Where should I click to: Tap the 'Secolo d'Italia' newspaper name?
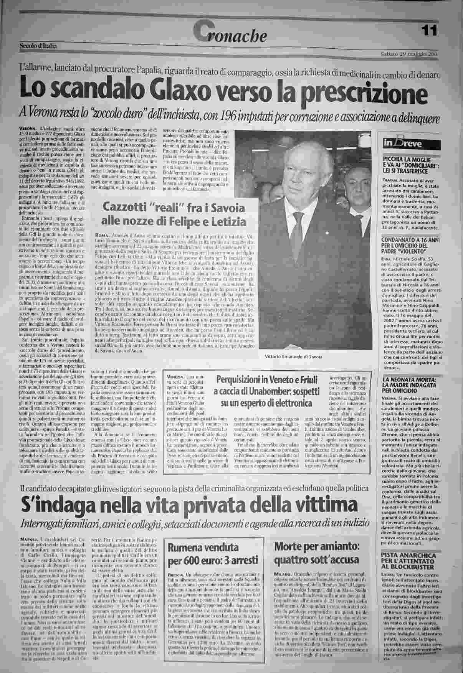38,46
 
